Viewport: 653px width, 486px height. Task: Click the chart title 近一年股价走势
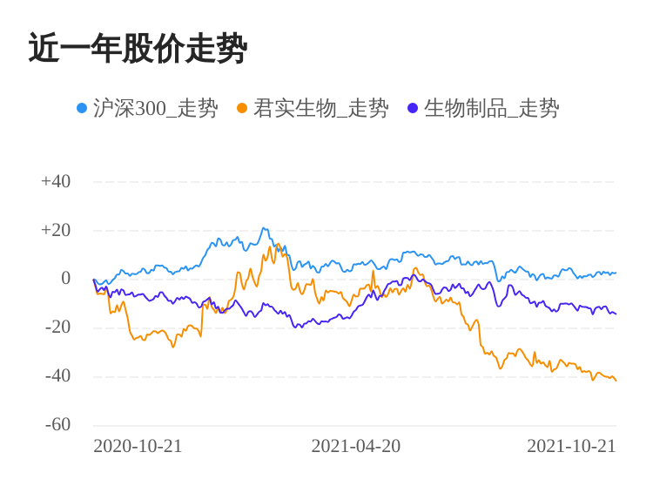138,49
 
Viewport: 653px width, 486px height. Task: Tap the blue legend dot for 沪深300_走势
82,108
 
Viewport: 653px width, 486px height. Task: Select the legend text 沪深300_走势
155,108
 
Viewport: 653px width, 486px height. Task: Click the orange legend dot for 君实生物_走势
242,108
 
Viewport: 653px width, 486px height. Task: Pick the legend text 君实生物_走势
320,108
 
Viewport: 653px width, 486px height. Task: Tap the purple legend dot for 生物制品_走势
413,108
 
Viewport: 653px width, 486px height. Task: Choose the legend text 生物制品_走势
491,108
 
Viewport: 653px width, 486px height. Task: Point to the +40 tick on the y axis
56,182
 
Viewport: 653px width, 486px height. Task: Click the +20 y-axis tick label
56,231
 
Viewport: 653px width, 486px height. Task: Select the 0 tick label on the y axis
65,279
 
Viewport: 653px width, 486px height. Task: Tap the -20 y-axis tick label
57,327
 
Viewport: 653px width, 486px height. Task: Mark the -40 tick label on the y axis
57,376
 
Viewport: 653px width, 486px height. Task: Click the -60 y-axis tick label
57,425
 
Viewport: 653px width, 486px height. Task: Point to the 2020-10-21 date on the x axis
138,446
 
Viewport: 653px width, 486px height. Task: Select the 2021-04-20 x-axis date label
355,446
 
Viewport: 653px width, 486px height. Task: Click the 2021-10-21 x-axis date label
571,446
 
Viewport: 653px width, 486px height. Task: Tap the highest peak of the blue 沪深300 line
264,229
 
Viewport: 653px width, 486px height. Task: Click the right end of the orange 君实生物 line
616,381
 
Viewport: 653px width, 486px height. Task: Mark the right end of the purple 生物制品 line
616,314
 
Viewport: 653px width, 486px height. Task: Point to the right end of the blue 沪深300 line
616,273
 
